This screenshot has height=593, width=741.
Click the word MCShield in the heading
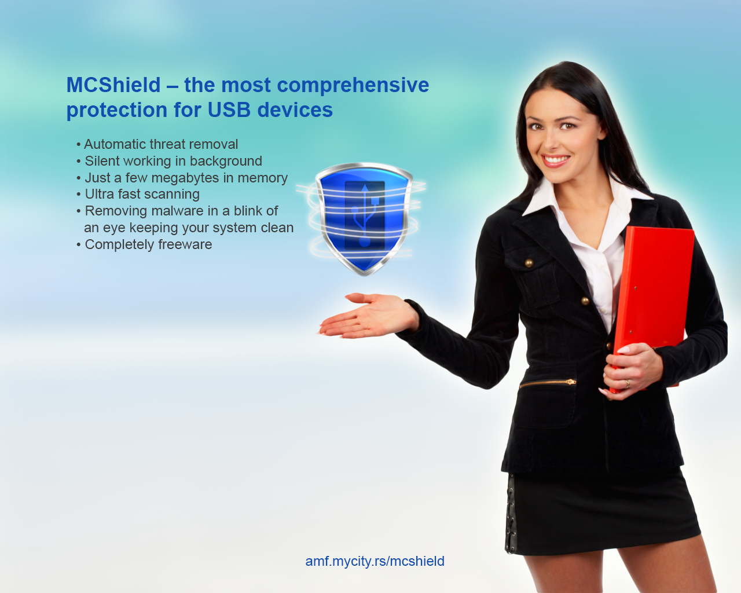click(x=113, y=85)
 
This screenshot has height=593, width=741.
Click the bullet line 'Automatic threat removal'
click(x=157, y=144)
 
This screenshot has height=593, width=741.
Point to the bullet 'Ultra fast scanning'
click(x=138, y=195)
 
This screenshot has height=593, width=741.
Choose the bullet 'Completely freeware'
click(x=144, y=244)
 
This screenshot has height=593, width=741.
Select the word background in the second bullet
click(x=226, y=161)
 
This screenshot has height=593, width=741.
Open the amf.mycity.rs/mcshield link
click(x=375, y=561)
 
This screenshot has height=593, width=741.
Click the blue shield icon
click(x=364, y=219)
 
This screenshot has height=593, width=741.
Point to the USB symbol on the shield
click(x=365, y=215)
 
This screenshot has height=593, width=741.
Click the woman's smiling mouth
click(x=555, y=160)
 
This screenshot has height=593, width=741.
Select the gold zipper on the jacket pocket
click(x=548, y=383)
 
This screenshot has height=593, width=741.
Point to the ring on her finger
click(x=628, y=383)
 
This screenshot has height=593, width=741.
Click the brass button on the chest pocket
click(x=529, y=263)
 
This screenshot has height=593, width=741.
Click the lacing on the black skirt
click(x=511, y=514)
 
